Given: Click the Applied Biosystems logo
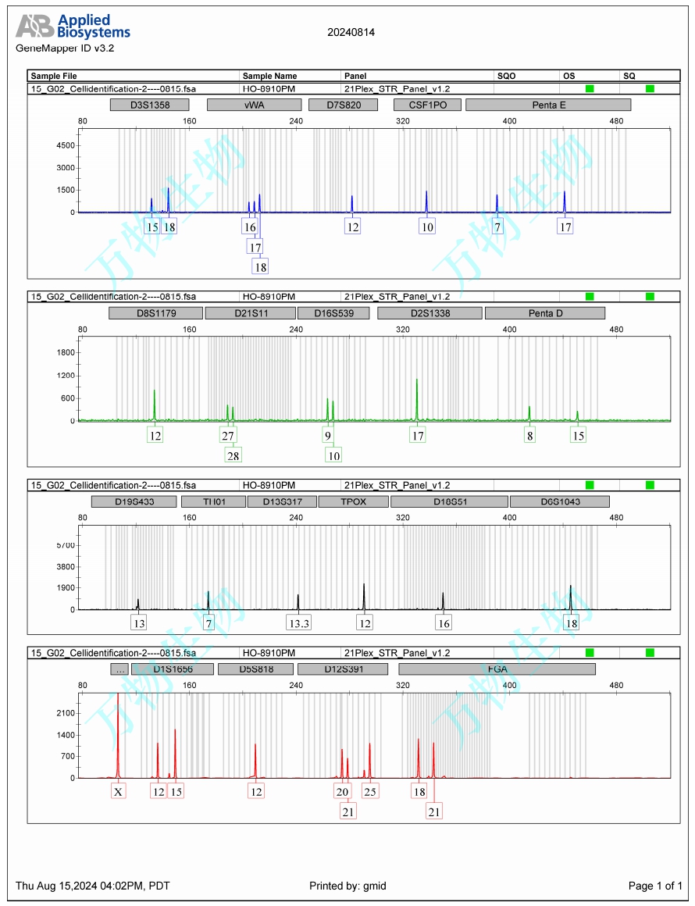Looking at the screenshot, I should (73, 27).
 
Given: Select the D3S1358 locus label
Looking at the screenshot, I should (150, 105).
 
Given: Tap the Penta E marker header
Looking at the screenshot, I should (548, 105).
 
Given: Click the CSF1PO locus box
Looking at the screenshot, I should (426, 105).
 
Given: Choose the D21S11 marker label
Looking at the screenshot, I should (250, 313).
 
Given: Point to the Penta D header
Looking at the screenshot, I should (545, 313).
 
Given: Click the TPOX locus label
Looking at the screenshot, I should (353, 501).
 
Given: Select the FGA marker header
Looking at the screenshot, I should (497, 669).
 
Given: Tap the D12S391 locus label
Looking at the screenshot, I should (343, 669).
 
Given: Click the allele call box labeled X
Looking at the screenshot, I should (118, 792).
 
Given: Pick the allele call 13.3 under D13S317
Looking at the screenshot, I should (298, 623).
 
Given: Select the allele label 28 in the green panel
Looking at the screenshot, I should (233, 455).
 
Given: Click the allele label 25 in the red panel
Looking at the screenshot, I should (370, 792).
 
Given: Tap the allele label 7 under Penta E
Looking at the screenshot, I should (497, 227).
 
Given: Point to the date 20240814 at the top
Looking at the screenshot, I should (351, 33).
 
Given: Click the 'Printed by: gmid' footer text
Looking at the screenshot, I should (347, 886).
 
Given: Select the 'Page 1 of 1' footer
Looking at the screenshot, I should (655, 886).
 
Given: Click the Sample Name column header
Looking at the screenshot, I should (269, 77).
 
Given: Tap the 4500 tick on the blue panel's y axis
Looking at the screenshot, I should (66, 146).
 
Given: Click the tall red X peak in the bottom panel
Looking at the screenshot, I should (118, 734).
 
